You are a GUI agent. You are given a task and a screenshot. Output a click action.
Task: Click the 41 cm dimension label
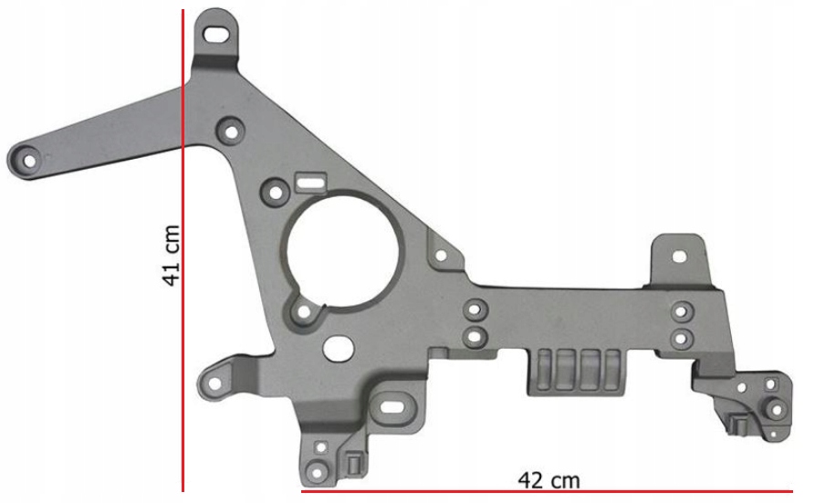pos(172,256)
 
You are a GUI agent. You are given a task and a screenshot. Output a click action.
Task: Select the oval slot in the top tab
pos(218,35)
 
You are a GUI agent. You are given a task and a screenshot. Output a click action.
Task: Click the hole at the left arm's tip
pos(29,162)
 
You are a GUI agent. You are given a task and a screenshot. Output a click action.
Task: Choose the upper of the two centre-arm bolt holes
pos(474,309)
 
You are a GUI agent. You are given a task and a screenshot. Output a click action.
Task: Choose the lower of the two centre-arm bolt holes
pos(474,337)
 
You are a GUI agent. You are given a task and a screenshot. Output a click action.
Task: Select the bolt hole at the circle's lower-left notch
pos(304,313)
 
